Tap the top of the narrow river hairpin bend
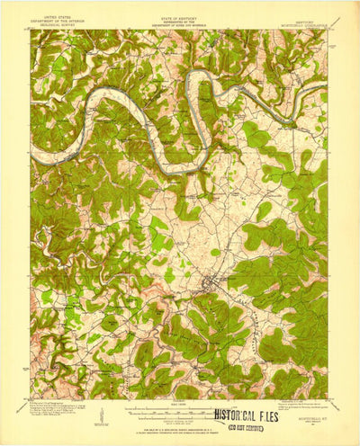coord(199,74)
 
